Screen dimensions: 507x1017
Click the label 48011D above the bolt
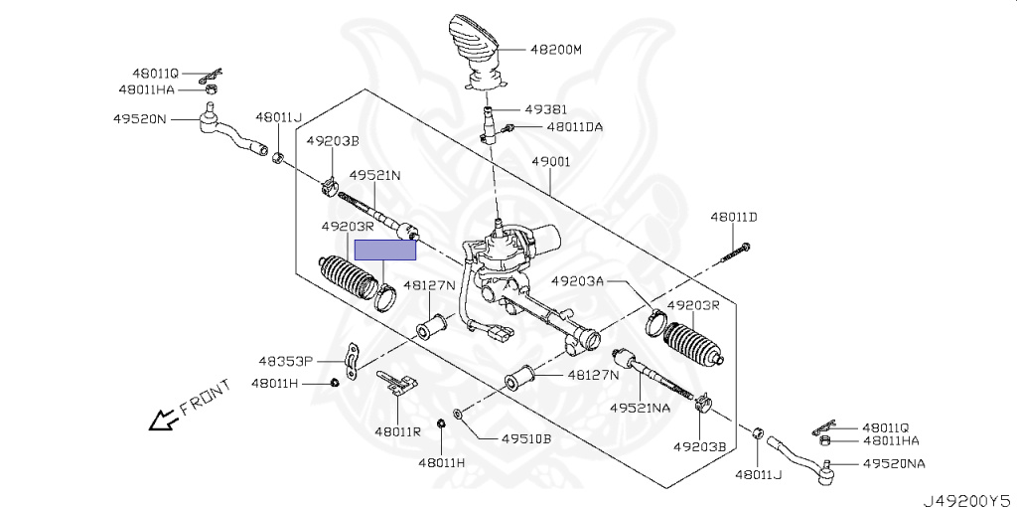pos(733,217)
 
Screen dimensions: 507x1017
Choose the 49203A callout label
pos(578,281)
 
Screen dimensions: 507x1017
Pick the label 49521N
pos(374,176)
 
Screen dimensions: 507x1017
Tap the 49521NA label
pos(641,408)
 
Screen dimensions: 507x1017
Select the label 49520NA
pos(894,463)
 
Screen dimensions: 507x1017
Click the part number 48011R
pos(398,430)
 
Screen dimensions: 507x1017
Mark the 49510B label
pos(525,438)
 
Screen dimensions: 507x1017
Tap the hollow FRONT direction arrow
pos(160,422)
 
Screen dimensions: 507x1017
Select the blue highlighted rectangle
pos(385,251)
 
